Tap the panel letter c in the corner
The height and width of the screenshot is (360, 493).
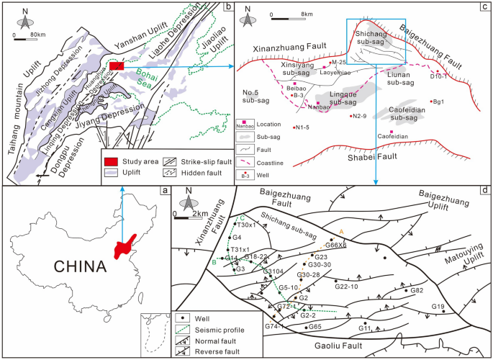[x=486, y=7]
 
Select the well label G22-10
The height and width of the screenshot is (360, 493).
[x=347, y=286]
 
